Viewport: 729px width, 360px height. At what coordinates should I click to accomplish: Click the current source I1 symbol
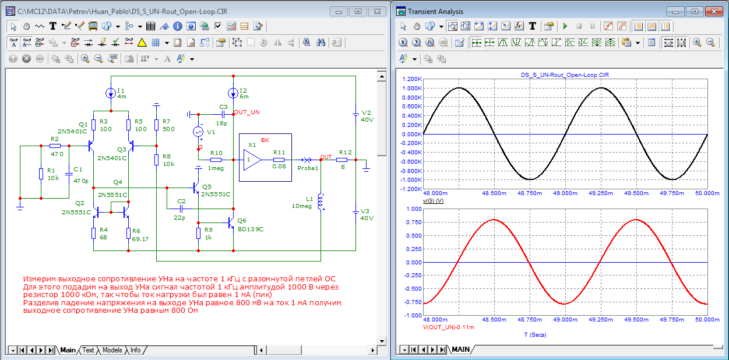pos(111,93)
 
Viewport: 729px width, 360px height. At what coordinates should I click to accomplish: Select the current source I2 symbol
pos(233,93)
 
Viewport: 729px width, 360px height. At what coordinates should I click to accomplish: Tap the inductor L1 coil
pos(321,202)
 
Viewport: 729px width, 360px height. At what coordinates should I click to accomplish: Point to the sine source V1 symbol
pos(198,132)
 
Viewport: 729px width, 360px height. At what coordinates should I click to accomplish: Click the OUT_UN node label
pos(246,112)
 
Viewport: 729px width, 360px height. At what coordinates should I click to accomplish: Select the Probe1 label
pos(308,168)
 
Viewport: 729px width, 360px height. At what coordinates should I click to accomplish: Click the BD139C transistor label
pos(251,230)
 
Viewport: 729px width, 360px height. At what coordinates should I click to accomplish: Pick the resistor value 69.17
pos(140,239)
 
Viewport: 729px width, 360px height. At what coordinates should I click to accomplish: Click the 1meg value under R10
pos(216,168)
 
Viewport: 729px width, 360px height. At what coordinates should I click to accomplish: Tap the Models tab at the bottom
pos(112,350)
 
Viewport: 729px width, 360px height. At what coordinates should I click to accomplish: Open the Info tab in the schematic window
pos(135,350)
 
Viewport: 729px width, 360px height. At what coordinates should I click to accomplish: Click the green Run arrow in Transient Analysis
pos(565,26)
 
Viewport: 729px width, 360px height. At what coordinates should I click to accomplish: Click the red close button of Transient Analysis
pos(714,12)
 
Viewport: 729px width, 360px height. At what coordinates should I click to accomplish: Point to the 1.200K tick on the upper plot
pos(412,79)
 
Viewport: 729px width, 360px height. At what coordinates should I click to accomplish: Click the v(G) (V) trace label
pos(433,201)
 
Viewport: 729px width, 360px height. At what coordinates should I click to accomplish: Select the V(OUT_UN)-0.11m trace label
pos(449,327)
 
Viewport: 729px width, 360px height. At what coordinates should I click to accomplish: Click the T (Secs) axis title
pos(535,334)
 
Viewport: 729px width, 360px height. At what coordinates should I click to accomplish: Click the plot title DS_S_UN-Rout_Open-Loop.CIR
pos(565,75)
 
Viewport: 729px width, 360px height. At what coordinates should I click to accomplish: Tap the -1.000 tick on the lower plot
pos(413,316)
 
